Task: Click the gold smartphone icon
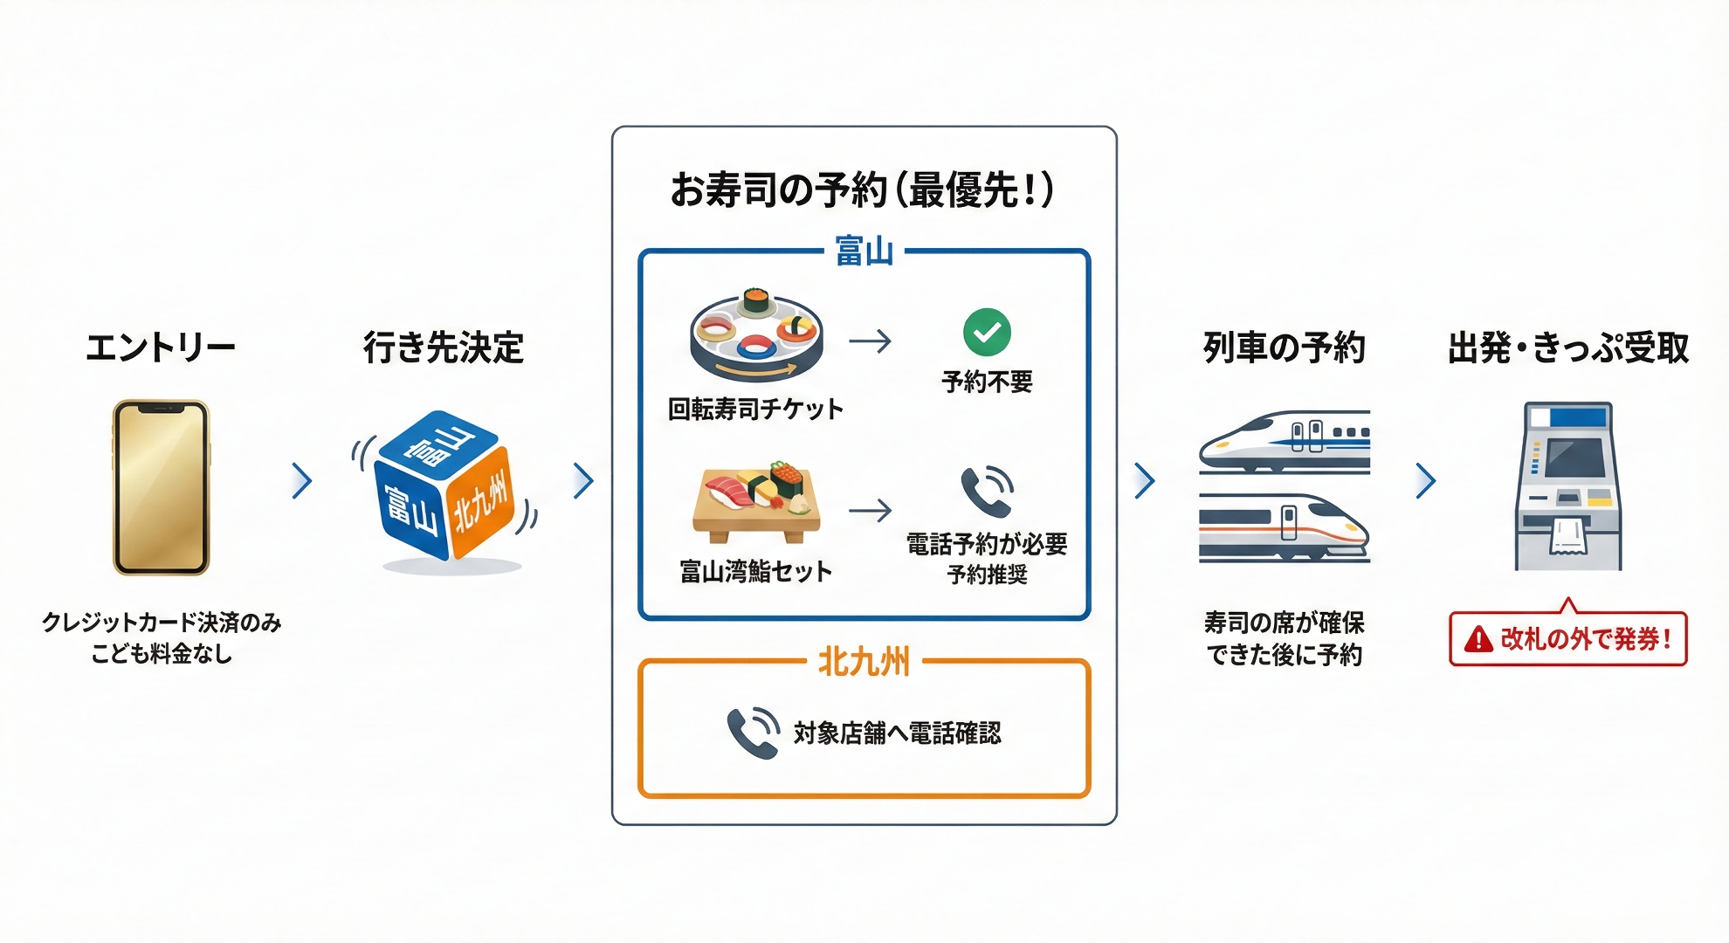[x=162, y=487]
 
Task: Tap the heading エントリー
[x=161, y=348]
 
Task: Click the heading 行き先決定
[x=444, y=348]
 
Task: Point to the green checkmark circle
[x=987, y=332]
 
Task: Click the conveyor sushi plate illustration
[x=756, y=337]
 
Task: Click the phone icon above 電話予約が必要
[x=987, y=492]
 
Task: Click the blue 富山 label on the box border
[x=864, y=251]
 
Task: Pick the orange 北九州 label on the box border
[x=864, y=662]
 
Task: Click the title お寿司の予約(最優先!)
[x=863, y=189]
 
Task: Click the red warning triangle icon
[x=1478, y=640]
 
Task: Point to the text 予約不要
[x=987, y=382]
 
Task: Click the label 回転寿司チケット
[x=756, y=409]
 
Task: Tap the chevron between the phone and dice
[x=302, y=480]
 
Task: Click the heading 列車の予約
[x=1284, y=348]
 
